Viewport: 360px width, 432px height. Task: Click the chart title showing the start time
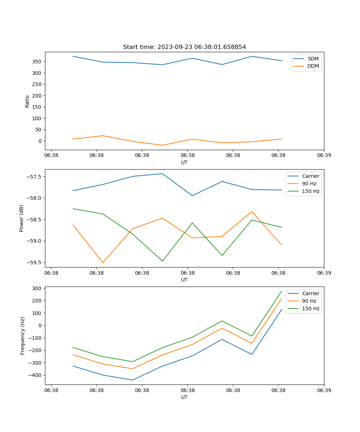pos(184,47)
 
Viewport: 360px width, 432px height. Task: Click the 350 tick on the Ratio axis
pos(37,62)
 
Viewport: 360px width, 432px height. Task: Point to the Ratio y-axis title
pos(27,101)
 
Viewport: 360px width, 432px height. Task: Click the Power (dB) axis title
pos(22,218)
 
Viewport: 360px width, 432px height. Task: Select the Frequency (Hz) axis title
pos(23,336)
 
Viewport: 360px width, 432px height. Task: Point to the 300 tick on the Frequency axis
pos(37,288)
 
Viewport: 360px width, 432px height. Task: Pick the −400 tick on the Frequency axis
pos(35,375)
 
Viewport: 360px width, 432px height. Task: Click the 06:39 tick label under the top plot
pos(324,156)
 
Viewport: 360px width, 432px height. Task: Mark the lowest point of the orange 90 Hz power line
pos(103,262)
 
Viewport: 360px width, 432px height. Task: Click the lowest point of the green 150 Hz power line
pos(162,261)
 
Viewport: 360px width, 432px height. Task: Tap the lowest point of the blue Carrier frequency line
pos(132,380)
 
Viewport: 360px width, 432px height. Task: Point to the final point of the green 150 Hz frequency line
pos(282,291)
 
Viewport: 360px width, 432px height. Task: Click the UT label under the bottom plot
pos(184,397)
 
